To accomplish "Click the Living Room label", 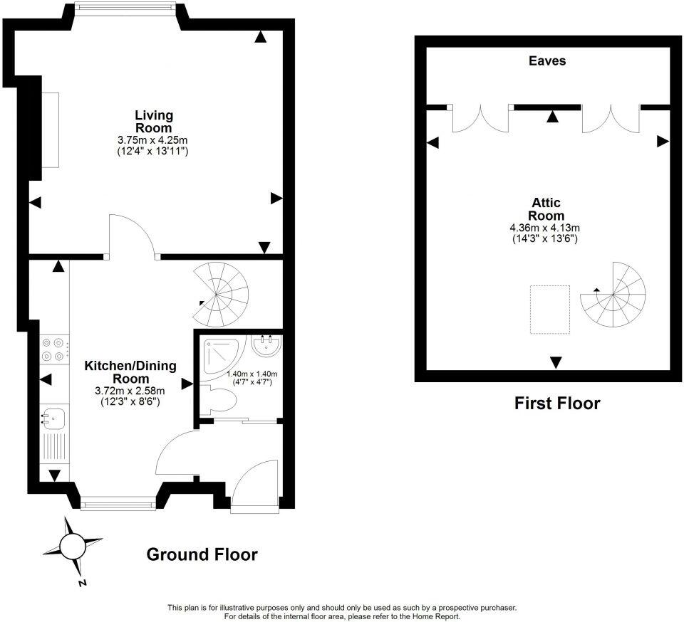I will pos(154,121).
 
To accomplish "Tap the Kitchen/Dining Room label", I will pos(130,372).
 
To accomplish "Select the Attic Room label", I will pos(546,209).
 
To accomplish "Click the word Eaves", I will pos(547,61).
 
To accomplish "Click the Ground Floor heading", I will pos(202,554).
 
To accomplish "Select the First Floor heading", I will pos(557,404).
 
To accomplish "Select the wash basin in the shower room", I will pos(269,346).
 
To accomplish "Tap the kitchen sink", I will pos(53,419).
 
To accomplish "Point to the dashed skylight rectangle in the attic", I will pos(549,309).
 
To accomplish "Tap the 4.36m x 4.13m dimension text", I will pos(546,228).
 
